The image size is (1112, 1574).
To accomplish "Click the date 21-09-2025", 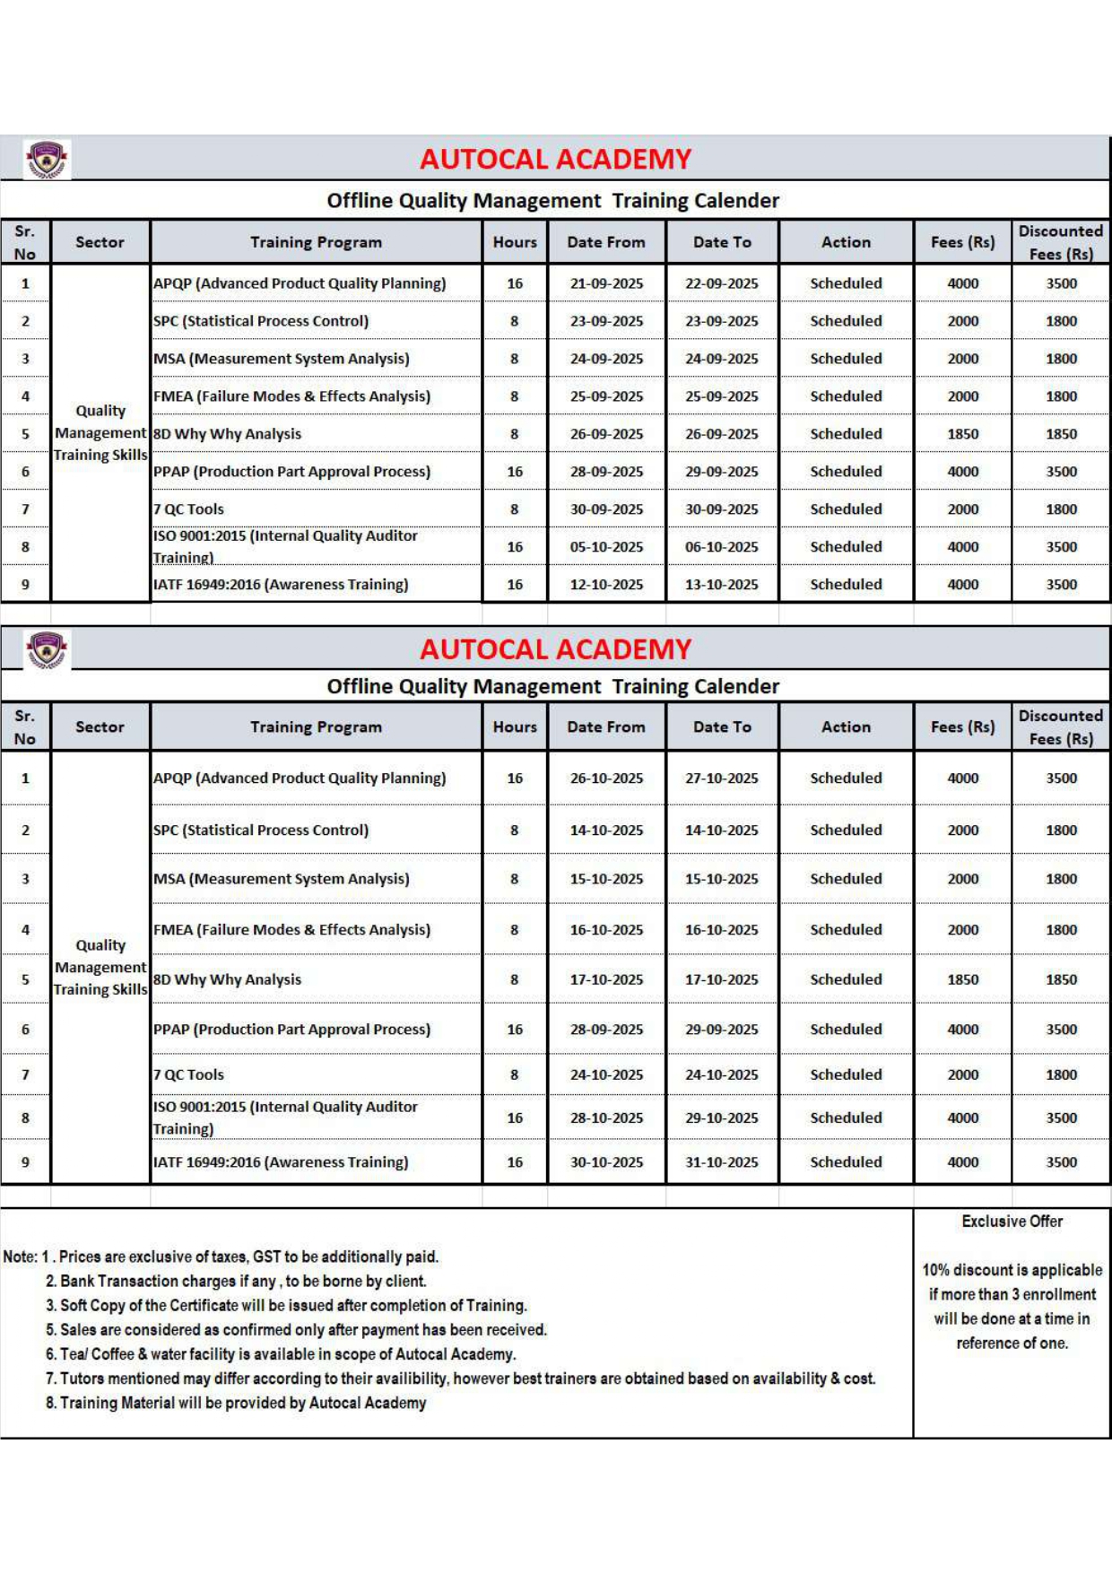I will (606, 283).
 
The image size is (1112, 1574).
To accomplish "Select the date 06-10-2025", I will (721, 547).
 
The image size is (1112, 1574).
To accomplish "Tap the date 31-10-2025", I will (721, 1162).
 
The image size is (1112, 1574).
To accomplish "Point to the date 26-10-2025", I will (606, 778).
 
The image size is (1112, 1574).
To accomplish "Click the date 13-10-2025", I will (721, 585).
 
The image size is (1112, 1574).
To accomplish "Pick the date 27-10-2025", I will (721, 778).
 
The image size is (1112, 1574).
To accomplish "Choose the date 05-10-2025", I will (606, 547).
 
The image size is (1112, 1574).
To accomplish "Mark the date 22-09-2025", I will (721, 283).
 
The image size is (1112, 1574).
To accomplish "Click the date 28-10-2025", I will (606, 1118).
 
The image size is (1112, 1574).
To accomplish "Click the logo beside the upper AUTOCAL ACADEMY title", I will (47, 160).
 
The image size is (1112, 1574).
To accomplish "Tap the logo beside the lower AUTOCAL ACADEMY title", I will (47, 649).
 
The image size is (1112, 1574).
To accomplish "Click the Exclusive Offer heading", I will (1012, 1222).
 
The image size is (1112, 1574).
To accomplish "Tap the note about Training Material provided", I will (236, 1403).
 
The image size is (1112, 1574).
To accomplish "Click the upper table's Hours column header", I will (515, 242).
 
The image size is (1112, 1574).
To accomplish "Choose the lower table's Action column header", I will (846, 727).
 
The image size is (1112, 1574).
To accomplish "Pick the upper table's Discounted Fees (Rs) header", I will (1060, 242).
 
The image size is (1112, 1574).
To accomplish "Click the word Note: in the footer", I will (20, 1257).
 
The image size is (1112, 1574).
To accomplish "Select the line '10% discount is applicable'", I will (1012, 1270).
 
